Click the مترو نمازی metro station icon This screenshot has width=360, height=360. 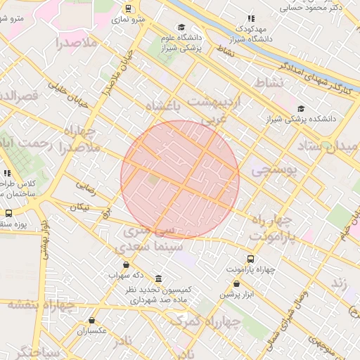tap(128, 8)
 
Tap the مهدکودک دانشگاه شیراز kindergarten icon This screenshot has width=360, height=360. tap(251, 19)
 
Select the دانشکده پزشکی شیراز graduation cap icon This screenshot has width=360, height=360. tap(302, 108)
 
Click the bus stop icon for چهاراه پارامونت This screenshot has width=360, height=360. tap(251, 259)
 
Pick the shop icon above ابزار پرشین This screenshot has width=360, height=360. tap(236, 284)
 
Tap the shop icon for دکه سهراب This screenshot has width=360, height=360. tap(126, 265)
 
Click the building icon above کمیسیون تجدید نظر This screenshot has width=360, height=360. tap(158, 279)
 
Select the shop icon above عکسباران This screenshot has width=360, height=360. tap(91, 321)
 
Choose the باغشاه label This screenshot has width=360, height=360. tap(163, 105)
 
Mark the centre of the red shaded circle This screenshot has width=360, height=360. tap(180, 179)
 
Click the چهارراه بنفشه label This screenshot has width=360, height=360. tap(41, 305)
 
